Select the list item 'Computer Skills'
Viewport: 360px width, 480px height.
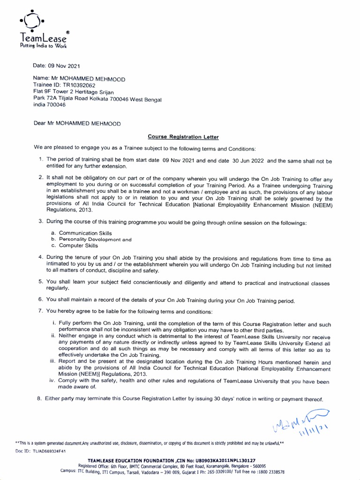[x=78, y=245]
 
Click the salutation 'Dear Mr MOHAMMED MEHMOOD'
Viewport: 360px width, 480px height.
[x=77, y=124]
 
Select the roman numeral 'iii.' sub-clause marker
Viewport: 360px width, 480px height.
[x=53, y=362]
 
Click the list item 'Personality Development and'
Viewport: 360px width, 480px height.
[x=95, y=239]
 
